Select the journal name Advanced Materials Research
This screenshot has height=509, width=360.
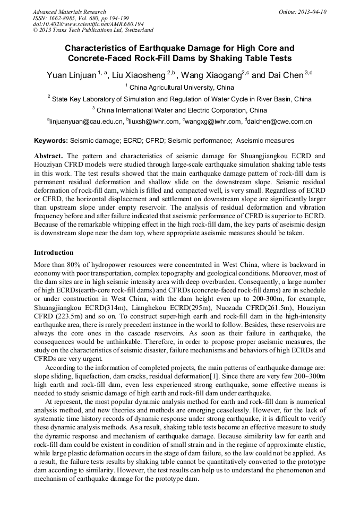(x=69, y=12)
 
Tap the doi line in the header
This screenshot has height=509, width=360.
(x=88, y=24)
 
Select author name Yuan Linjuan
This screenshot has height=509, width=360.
(x=71, y=75)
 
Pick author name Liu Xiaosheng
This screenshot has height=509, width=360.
(x=138, y=75)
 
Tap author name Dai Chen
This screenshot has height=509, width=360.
(x=285, y=75)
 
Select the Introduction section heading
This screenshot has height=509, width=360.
(x=54, y=252)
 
